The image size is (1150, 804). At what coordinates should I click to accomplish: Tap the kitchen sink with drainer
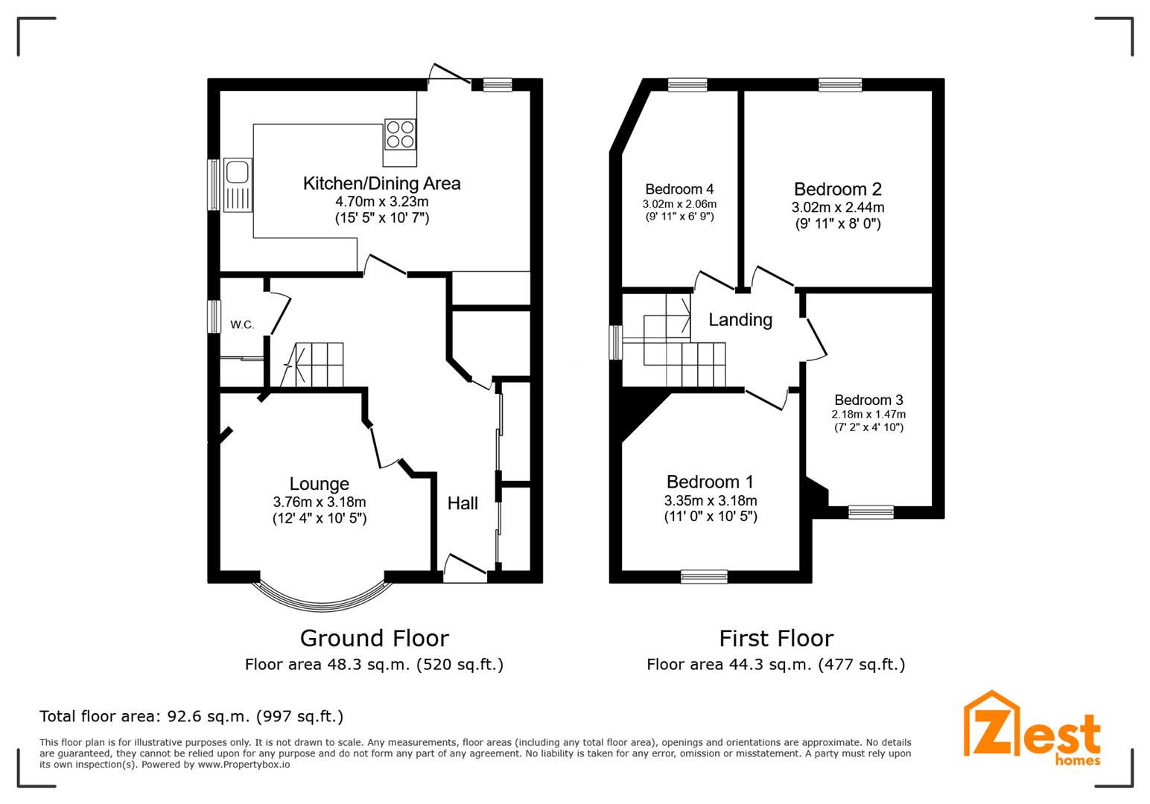(x=238, y=185)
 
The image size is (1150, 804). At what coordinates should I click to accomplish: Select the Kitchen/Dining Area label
(x=381, y=183)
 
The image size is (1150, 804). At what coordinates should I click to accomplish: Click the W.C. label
(x=242, y=325)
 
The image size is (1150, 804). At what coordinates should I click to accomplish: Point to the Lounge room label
(x=320, y=483)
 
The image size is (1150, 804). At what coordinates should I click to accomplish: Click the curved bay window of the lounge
(x=322, y=606)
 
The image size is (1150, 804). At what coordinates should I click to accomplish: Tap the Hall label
(x=463, y=503)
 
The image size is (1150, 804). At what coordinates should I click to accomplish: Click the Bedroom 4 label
(x=679, y=189)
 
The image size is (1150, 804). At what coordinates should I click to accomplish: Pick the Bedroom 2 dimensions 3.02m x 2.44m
(x=838, y=207)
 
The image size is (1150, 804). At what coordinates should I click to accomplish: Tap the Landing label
(x=740, y=319)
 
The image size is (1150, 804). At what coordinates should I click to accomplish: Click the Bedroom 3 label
(x=868, y=400)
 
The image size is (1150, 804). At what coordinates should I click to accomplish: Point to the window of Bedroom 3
(x=871, y=511)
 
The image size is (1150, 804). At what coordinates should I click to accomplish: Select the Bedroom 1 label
(x=710, y=482)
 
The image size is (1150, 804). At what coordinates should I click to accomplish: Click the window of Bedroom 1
(x=704, y=577)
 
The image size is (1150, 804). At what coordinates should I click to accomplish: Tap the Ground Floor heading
(x=374, y=638)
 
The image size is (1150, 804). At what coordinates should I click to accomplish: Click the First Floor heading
(x=776, y=638)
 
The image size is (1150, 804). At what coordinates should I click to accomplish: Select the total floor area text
(x=191, y=716)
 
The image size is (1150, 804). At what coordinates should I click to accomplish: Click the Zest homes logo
(x=1032, y=728)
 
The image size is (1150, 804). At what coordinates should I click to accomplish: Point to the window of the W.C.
(x=214, y=316)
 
